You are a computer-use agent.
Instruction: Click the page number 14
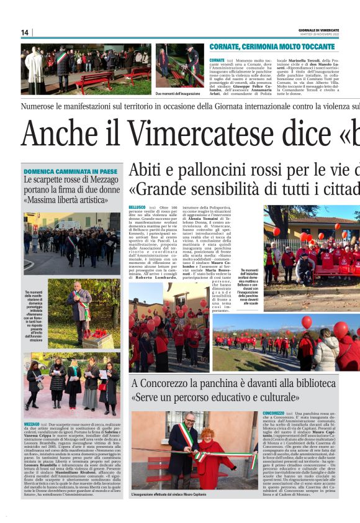[25, 32]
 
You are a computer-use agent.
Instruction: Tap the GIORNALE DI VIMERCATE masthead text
[318, 30]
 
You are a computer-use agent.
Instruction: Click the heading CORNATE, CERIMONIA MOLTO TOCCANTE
[272, 47]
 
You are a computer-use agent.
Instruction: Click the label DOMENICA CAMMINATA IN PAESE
[70, 171]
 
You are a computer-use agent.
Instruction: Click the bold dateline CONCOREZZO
[274, 413]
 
